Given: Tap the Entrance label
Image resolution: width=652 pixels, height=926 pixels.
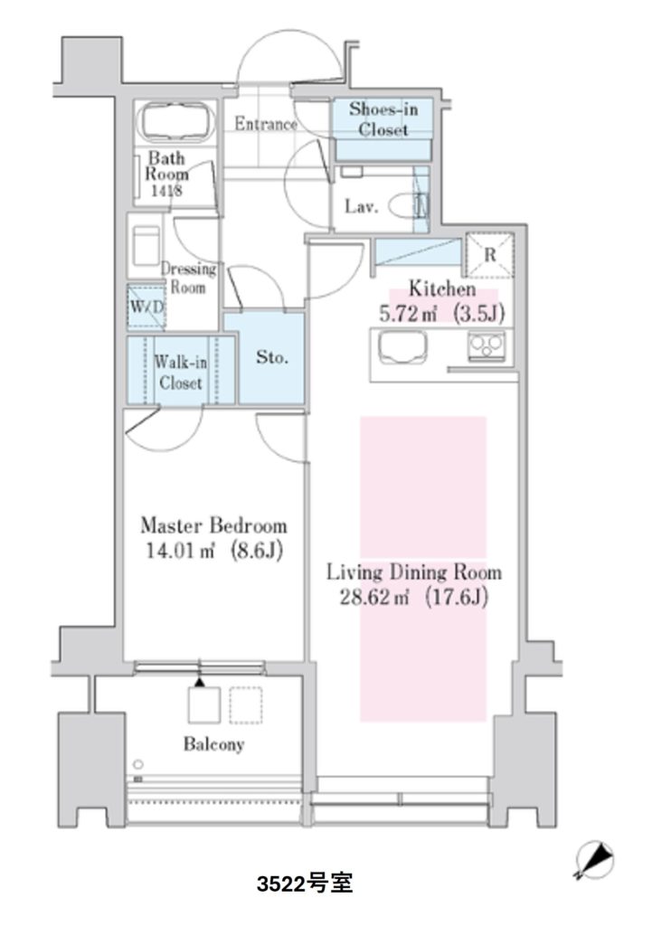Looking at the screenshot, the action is tap(266, 124).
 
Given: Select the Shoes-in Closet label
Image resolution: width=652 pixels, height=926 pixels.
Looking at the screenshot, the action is tap(383, 118).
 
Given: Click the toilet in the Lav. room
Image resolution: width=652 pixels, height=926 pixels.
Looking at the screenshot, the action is tap(408, 207).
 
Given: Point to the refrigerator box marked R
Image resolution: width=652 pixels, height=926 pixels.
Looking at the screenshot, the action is tap(489, 255).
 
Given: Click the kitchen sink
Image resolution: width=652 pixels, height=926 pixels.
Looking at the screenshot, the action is tap(403, 346).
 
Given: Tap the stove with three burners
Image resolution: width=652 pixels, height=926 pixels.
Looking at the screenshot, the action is tap(486, 346).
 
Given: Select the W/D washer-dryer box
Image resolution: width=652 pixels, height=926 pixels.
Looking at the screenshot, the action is tap(146, 307).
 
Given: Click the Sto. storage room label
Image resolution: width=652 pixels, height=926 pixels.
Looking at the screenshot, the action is tap(271, 357).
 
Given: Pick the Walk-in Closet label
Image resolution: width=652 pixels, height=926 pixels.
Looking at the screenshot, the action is tap(181, 372).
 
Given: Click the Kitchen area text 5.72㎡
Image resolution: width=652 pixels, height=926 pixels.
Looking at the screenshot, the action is tap(408, 314).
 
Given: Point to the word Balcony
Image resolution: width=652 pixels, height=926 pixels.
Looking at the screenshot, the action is tap(213, 744).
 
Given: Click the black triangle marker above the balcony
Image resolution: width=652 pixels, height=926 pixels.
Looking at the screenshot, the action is tap(200, 682).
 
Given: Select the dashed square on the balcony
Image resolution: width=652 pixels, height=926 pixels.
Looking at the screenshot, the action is tap(246, 705).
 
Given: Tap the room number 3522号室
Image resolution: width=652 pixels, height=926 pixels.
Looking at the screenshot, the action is tap(306, 884).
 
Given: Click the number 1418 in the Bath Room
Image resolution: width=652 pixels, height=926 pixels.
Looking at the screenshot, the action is tap(166, 191).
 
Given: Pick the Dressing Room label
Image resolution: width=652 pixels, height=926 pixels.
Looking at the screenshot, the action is tap(188, 279).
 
